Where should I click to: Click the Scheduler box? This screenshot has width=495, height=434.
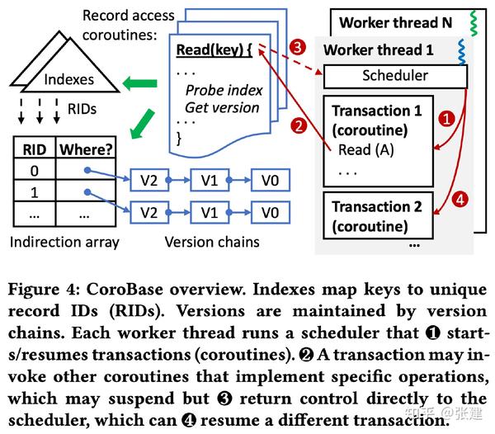pyautogui.click(x=395, y=76)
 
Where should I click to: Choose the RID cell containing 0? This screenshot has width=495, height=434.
pyautogui.click(x=33, y=171)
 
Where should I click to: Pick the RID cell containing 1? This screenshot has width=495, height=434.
pyautogui.click(x=33, y=193)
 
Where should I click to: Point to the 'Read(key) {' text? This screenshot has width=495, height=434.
pyautogui.click(x=215, y=50)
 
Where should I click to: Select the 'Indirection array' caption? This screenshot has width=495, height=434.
pyautogui.click(x=64, y=242)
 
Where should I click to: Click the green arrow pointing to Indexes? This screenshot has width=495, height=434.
pyautogui.click(x=139, y=81)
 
